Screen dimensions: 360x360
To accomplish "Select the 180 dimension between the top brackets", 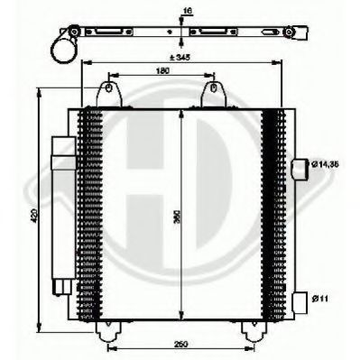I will click(x=162, y=71).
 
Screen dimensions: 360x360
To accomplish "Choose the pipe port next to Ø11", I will click(x=300, y=299).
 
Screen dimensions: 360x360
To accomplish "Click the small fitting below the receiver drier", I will click(x=63, y=286).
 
